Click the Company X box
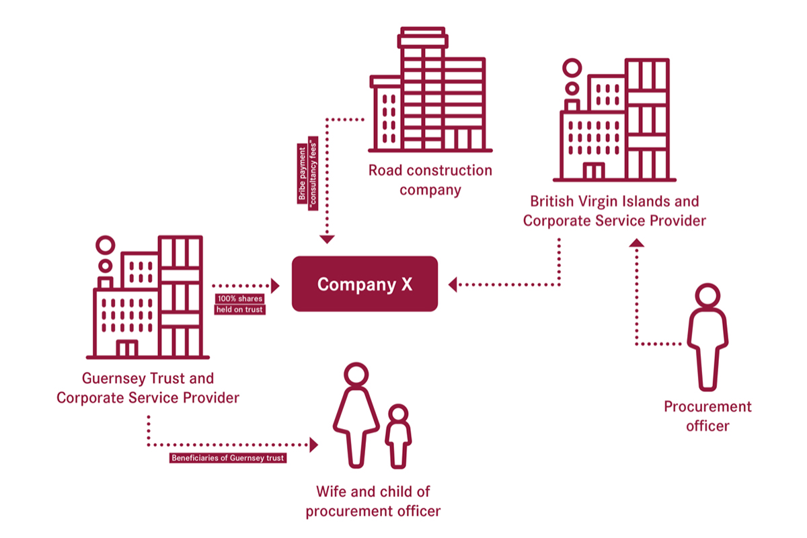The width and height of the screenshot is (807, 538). tap(364, 284)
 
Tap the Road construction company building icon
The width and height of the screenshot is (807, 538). tap(430, 91)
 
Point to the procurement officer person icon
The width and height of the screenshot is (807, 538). tap(707, 336)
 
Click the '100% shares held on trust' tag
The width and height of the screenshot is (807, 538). tap(239, 304)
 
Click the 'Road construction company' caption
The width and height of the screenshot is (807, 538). tap(430, 180)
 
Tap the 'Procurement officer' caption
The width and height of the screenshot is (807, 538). tap(707, 416)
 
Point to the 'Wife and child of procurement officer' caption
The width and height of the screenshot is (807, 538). tap(373, 501)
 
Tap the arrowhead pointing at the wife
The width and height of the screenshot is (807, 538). tap(313, 445)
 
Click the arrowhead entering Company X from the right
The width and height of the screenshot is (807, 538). tap(453, 284)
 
